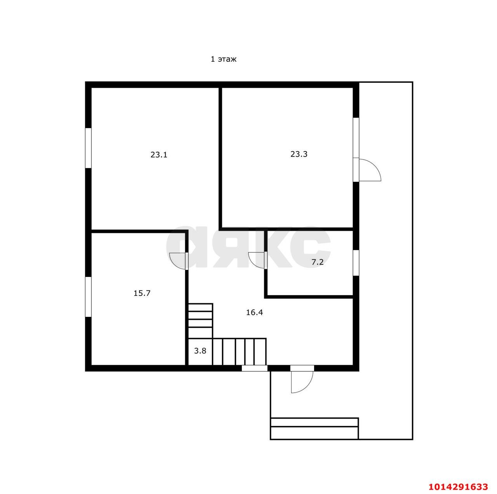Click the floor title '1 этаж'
tap(223, 59)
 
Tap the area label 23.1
tap(159, 155)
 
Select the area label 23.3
tap(299, 154)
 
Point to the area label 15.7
tap(142, 293)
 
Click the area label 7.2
tap(318, 262)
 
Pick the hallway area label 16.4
tap(254, 312)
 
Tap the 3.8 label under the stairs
tap(200, 351)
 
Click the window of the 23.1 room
tap(88, 148)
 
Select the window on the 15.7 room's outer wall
tap(88, 297)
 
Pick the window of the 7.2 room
tap(356, 263)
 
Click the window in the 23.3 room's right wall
tap(356, 138)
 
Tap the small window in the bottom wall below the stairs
tap(254, 368)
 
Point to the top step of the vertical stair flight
tap(200, 308)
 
